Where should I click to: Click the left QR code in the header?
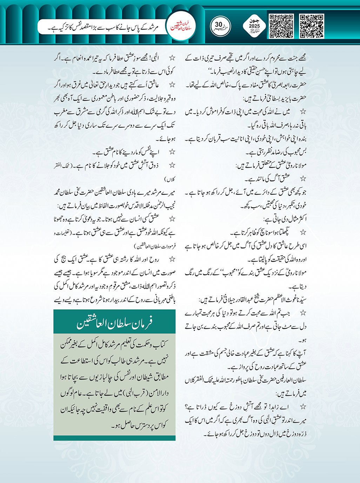281,26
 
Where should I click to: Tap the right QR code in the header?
312,26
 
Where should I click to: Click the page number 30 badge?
220,26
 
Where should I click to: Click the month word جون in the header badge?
254,21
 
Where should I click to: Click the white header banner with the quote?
102,27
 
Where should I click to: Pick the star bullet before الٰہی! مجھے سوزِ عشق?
172,58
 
